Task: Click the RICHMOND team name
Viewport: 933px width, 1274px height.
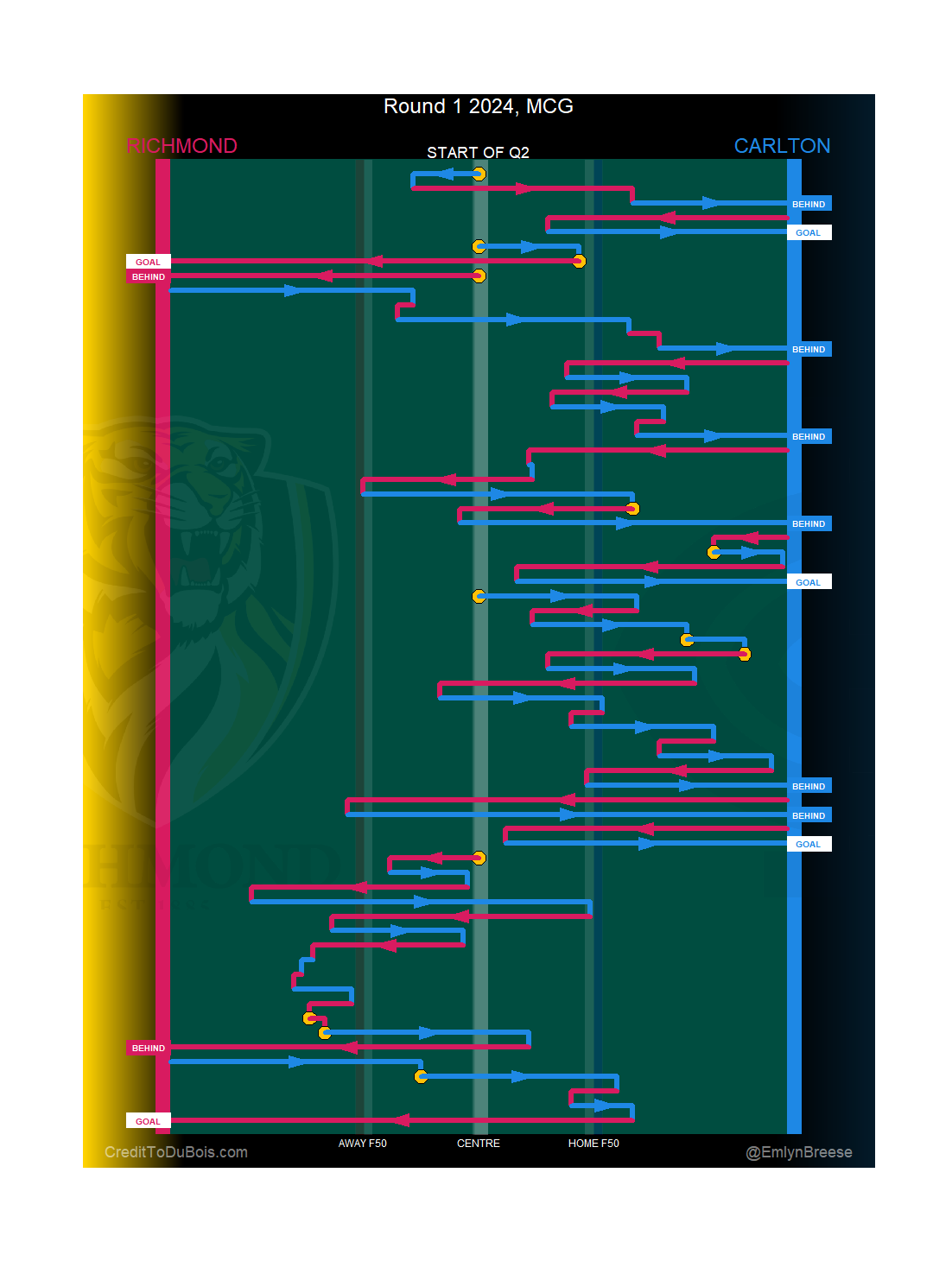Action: (x=181, y=146)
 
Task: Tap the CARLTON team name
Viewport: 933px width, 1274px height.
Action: (x=782, y=146)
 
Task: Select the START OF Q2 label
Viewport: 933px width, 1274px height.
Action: (x=478, y=153)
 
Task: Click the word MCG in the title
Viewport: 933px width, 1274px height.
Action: (x=549, y=106)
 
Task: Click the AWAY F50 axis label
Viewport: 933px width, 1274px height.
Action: (x=362, y=1144)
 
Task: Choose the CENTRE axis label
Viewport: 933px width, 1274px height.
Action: (x=479, y=1144)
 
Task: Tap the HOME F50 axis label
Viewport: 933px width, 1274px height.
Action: (x=593, y=1144)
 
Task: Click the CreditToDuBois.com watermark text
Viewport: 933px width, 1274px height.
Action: (x=176, y=1152)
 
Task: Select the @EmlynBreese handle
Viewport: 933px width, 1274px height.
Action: (x=799, y=1152)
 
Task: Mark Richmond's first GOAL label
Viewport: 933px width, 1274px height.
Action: (x=148, y=262)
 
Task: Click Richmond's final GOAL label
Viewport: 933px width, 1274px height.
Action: (x=148, y=1121)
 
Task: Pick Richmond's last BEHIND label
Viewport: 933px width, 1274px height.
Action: (x=148, y=1048)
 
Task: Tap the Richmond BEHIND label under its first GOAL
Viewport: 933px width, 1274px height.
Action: (x=148, y=276)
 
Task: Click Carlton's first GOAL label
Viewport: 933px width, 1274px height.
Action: (x=809, y=232)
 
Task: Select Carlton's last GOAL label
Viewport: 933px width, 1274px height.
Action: (x=809, y=844)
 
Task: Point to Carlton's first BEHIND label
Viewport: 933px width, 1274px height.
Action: (x=809, y=204)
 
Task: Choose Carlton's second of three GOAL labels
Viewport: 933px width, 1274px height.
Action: (x=809, y=582)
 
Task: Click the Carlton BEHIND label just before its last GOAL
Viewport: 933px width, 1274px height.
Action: (x=809, y=815)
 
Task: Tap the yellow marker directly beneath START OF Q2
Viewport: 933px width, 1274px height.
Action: (x=479, y=174)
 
